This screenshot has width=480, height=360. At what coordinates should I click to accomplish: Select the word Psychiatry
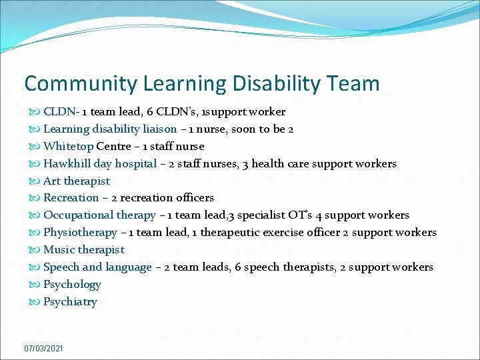pyautogui.click(x=70, y=302)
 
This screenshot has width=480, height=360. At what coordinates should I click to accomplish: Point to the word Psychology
pyautogui.click(x=72, y=285)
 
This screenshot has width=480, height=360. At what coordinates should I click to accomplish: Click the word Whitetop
pyautogui.click(x=69, y=146)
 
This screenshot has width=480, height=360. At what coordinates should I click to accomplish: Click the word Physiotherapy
pyautogui.click(x=80, y=233)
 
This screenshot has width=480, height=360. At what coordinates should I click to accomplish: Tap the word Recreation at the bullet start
pyautogui.click(x=71, y=198)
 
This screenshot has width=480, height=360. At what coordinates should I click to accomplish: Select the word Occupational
pyautogui.click(x=79, y=215)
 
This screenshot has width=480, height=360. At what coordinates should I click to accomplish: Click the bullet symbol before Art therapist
pyautogui.click(x=35, y=181)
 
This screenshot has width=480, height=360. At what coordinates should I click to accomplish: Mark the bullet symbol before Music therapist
pyautogui.click(x=35, y=250)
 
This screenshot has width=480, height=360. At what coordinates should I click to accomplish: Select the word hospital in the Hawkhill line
pyautogui.click(x=135, y=163)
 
